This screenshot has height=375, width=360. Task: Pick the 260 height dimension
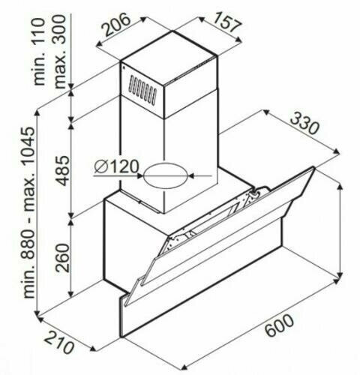pyautogui.click(x=61, y=259)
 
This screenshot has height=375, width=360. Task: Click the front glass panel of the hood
pyautogui.click(x=225, y=240)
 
